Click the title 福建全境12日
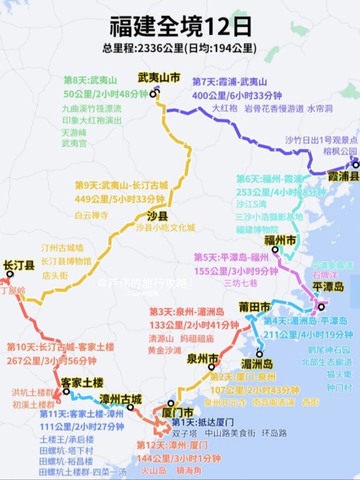coord(180,27)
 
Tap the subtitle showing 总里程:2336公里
coord(180,48)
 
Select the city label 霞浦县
coord(343,176)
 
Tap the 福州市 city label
coord(285,240)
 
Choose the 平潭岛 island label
coord(328,287)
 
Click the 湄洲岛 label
coord(257,363)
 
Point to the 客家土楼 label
coord(82,383)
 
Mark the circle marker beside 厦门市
coord(171,403)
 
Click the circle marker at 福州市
coord(275,249)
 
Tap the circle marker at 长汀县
coord(10,274)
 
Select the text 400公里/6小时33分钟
coord(237,96)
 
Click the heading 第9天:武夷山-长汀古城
coord(121,185)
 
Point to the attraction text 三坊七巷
coord(241,283)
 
